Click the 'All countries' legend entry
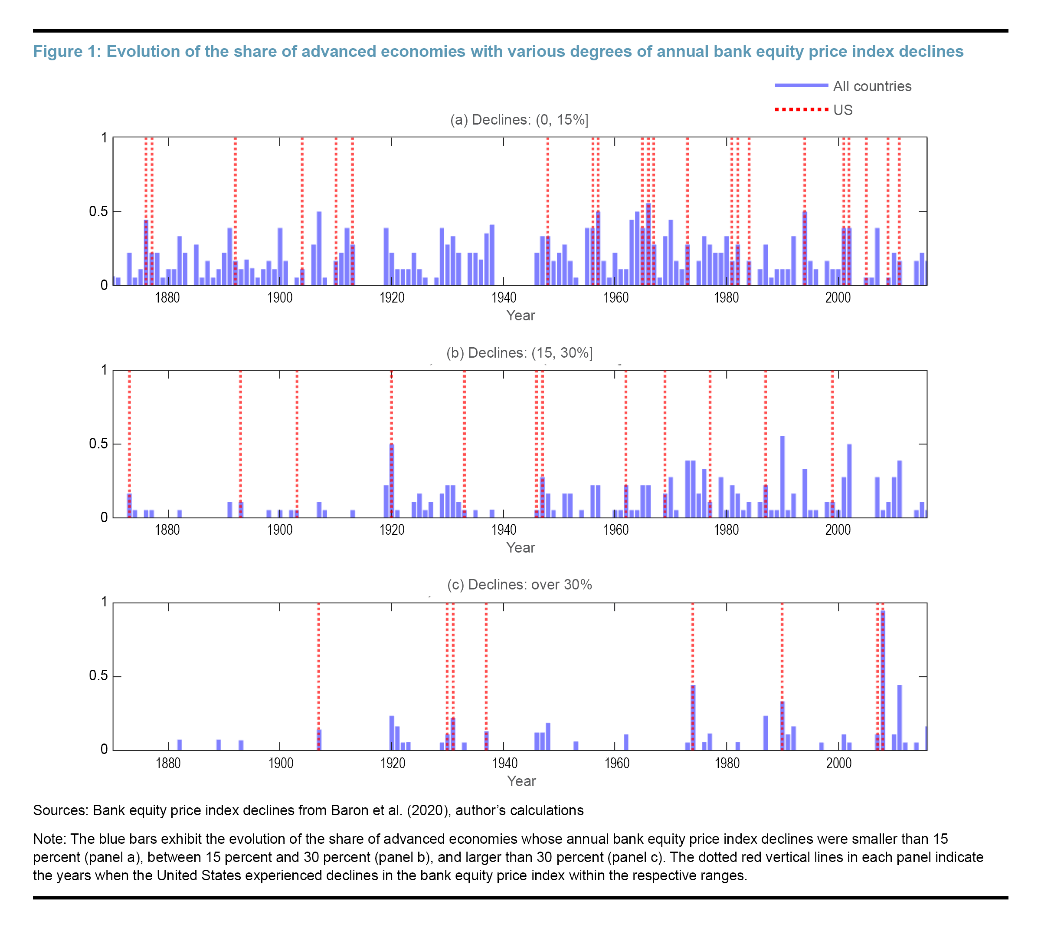point(871,86)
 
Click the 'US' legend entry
point(842,110)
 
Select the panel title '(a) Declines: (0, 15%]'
point(519,120)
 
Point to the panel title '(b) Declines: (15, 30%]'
point(519,353)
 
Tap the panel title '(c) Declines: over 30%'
point(519,584)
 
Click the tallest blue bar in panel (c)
point(883,680)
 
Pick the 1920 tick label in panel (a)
point(391,298)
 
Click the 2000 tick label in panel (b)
point(838,530)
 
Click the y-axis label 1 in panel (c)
point(104,602)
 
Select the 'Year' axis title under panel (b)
point(520,548)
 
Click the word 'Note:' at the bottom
point(49,839)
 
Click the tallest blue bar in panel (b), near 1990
point(782,477)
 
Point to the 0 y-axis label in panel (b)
point(104,517)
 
